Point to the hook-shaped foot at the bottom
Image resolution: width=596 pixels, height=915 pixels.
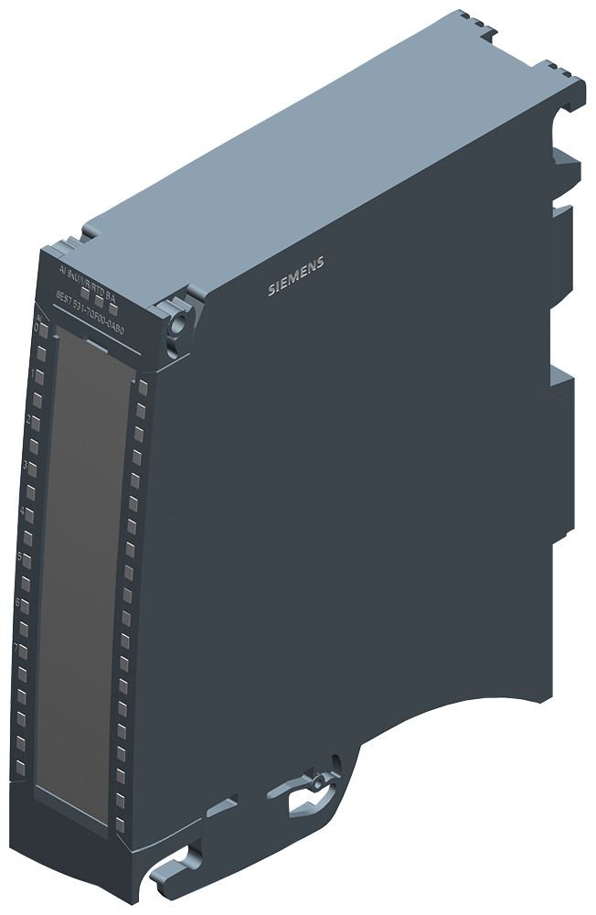pos(187,856)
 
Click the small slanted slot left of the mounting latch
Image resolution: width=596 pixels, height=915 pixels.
pos(217,806)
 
